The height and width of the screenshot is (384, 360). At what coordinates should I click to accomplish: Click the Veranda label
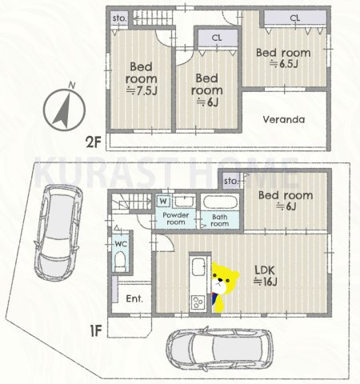pyautogui.click(x=284, y=120)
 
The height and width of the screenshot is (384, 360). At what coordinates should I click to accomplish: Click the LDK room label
pyautogui.click(x=265, y=270)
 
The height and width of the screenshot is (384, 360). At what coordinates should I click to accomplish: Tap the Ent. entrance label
pyautogui.click(x=135, y=299)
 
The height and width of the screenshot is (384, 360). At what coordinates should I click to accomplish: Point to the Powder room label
pyautogui.click(x=175, y=219)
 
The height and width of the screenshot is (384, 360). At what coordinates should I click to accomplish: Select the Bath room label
pyautogui.click(x=219, y=219)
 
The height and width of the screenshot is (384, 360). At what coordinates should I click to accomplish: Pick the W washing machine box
pyautogui.click(x=163, y=201)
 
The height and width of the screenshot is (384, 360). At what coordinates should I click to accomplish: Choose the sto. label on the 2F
pyautogui.click(x=119, y=17)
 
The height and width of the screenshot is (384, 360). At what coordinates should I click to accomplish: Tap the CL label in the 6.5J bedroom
pyautogui.click(x=294, y=17)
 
